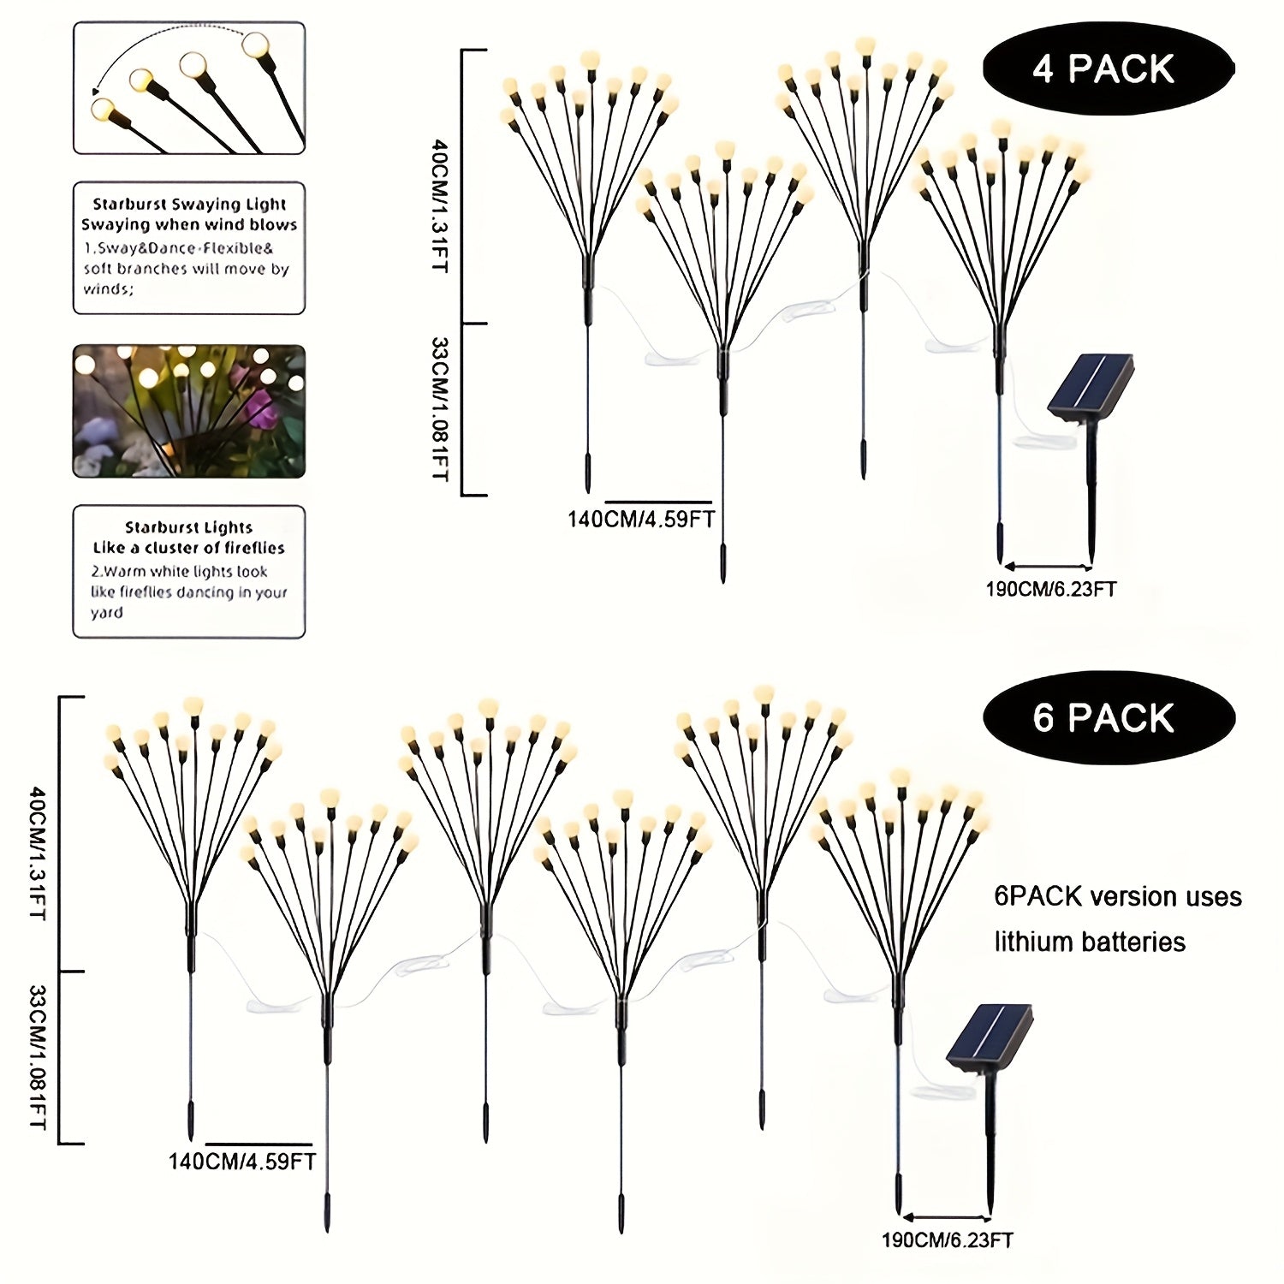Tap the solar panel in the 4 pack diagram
click(x=1091, y=389)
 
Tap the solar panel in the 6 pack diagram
click(x=990, y=1037)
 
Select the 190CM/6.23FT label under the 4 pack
click(x=1051, y=589)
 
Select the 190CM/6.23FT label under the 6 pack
click(x=948, y=1239)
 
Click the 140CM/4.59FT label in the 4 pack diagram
click(x=641, y=519)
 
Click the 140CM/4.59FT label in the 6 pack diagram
click(x=242, y=1161)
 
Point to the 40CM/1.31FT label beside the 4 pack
click(x=439, y=206)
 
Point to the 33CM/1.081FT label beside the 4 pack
click(x=439, y=408)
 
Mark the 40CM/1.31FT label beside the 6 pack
click(x=39, y=853)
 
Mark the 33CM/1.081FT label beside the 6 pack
click(x=39, y=1056)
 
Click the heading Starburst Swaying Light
click(x=189, y=204)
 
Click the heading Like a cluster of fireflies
click(x=189, y=548)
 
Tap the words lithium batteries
click(x=1090, y=942)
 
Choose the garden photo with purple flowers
click(x=189, y=411)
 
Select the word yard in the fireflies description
click(x=107, y=613)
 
